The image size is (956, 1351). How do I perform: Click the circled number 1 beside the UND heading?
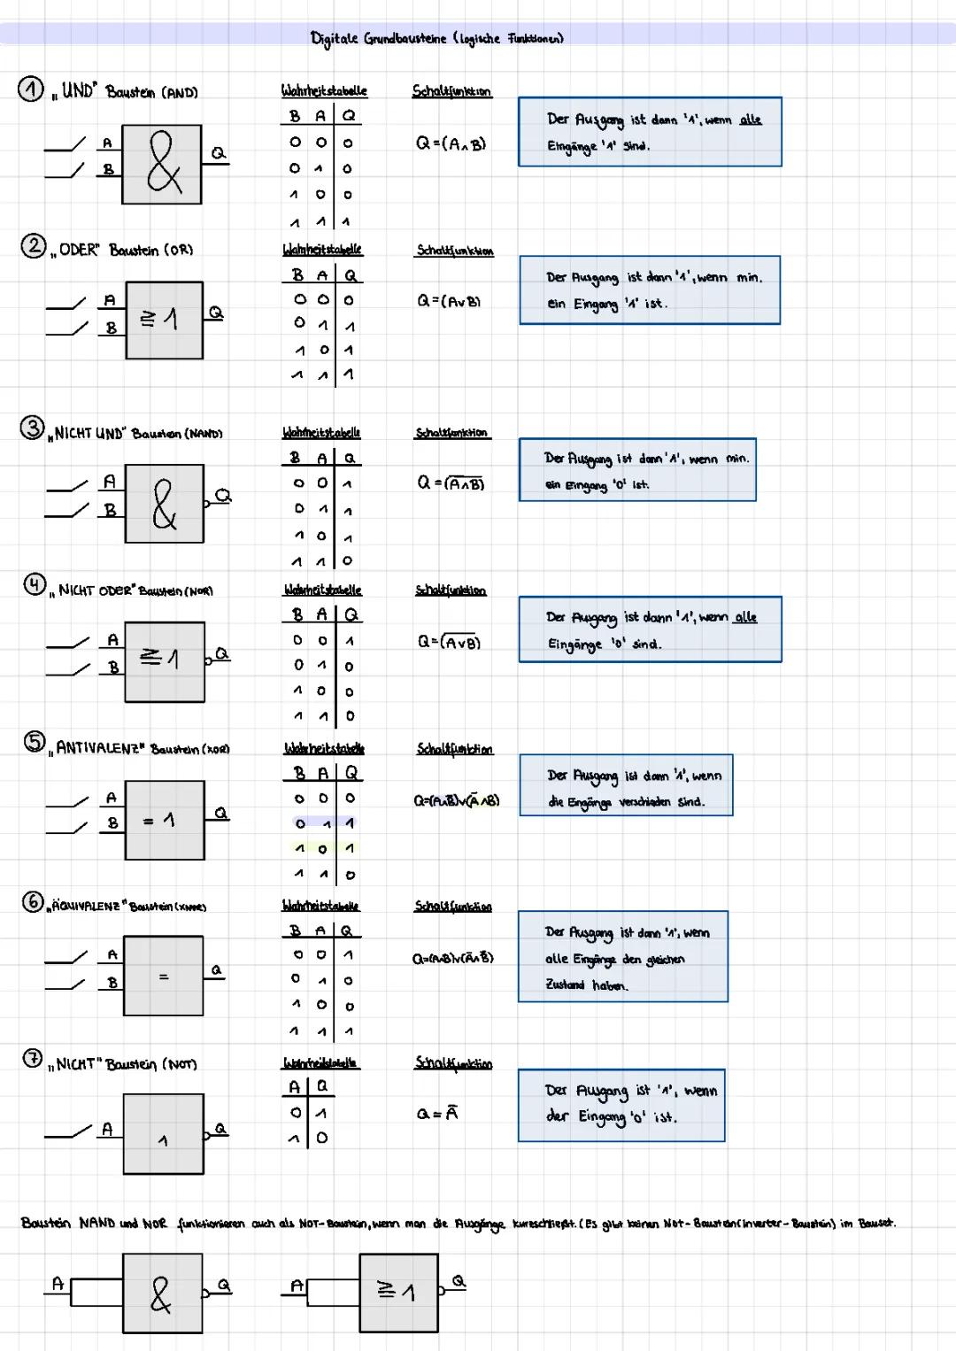pos(30,89)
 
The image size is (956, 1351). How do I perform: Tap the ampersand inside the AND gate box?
pos(164,163)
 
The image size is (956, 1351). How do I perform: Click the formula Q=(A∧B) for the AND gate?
pos(451,143)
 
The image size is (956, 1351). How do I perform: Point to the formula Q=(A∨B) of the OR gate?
pos(450,301)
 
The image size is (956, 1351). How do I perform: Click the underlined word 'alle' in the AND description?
pos(750,120)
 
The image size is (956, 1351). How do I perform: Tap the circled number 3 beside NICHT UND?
pos(32,428)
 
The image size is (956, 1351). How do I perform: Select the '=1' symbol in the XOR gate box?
pos(160,821)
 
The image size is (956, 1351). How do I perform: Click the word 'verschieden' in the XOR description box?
pos(646,802)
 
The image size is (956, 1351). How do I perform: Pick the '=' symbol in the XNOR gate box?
pos(163,977)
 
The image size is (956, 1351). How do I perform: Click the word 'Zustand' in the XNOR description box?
pos(565,984)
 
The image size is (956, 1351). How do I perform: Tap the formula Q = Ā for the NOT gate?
pos(437,1114)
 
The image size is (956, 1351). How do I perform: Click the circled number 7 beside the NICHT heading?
pos(32,1058)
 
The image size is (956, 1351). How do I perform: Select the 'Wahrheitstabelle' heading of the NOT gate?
pos(320,1062)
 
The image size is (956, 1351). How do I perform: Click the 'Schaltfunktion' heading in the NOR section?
pos(451,591)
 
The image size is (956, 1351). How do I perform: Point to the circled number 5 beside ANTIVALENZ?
pos(34,742)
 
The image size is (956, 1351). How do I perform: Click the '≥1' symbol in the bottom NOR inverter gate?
pos(397,1293)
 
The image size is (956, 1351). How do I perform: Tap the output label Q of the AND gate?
pos(218,153)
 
